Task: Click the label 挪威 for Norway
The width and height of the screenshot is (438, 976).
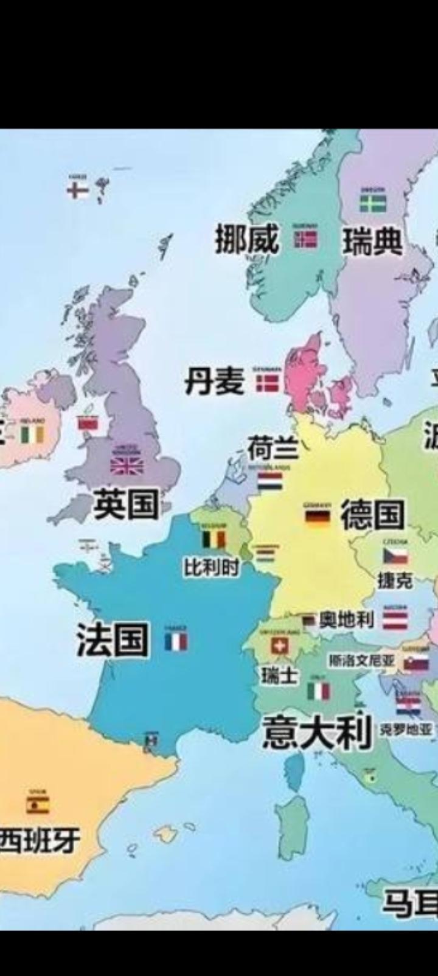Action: coord(247,239)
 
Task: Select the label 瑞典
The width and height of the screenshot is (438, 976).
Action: coord(372,242)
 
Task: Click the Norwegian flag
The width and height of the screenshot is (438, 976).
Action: coord(306,239)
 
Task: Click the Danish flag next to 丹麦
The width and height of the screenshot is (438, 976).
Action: coord(266,383)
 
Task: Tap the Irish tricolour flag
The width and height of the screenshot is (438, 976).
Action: coord(32,434)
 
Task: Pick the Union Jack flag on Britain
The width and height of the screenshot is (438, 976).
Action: coord(127,466)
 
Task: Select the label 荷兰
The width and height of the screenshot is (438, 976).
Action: coord(272,449)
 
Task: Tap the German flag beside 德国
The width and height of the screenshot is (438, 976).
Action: coord(317,517)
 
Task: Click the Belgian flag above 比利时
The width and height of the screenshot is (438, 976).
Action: coord(214,540)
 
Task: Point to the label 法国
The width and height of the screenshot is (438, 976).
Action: coord(113,640)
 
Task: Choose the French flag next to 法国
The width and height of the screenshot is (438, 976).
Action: coord(176,642)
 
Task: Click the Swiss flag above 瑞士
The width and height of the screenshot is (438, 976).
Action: coord(279,646)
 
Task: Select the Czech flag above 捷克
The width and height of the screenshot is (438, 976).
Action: coord(395,556)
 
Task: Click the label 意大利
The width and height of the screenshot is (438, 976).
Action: coord(316,732)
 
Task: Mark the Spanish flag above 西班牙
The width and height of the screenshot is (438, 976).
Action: coord(38,805)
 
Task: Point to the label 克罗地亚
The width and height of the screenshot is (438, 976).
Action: coord(405,729)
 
